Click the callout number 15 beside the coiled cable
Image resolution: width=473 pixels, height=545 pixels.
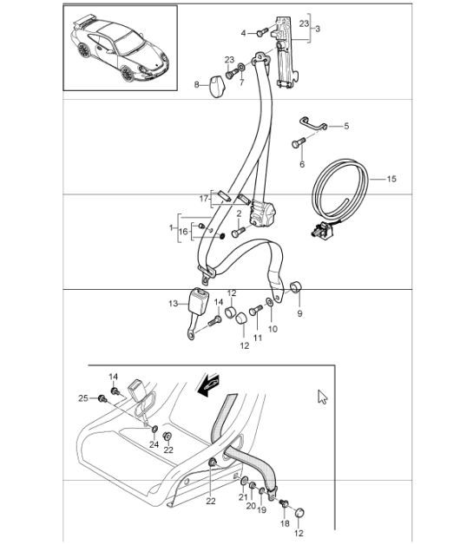point(391,179)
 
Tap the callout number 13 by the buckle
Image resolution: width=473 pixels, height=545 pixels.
point(173,303)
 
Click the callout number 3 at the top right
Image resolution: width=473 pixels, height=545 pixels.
point(319,29)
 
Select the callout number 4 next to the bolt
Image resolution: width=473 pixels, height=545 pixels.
point(244,32)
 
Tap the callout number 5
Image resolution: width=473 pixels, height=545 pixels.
point(345,126)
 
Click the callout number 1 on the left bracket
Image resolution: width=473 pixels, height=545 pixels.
point(172,227)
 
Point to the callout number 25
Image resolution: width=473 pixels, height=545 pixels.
point(82,398)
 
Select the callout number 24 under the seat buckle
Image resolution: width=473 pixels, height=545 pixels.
point(153,445)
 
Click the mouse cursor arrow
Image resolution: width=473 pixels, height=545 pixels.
point(323,397)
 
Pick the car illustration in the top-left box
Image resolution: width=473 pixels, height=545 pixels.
point(120,48)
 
